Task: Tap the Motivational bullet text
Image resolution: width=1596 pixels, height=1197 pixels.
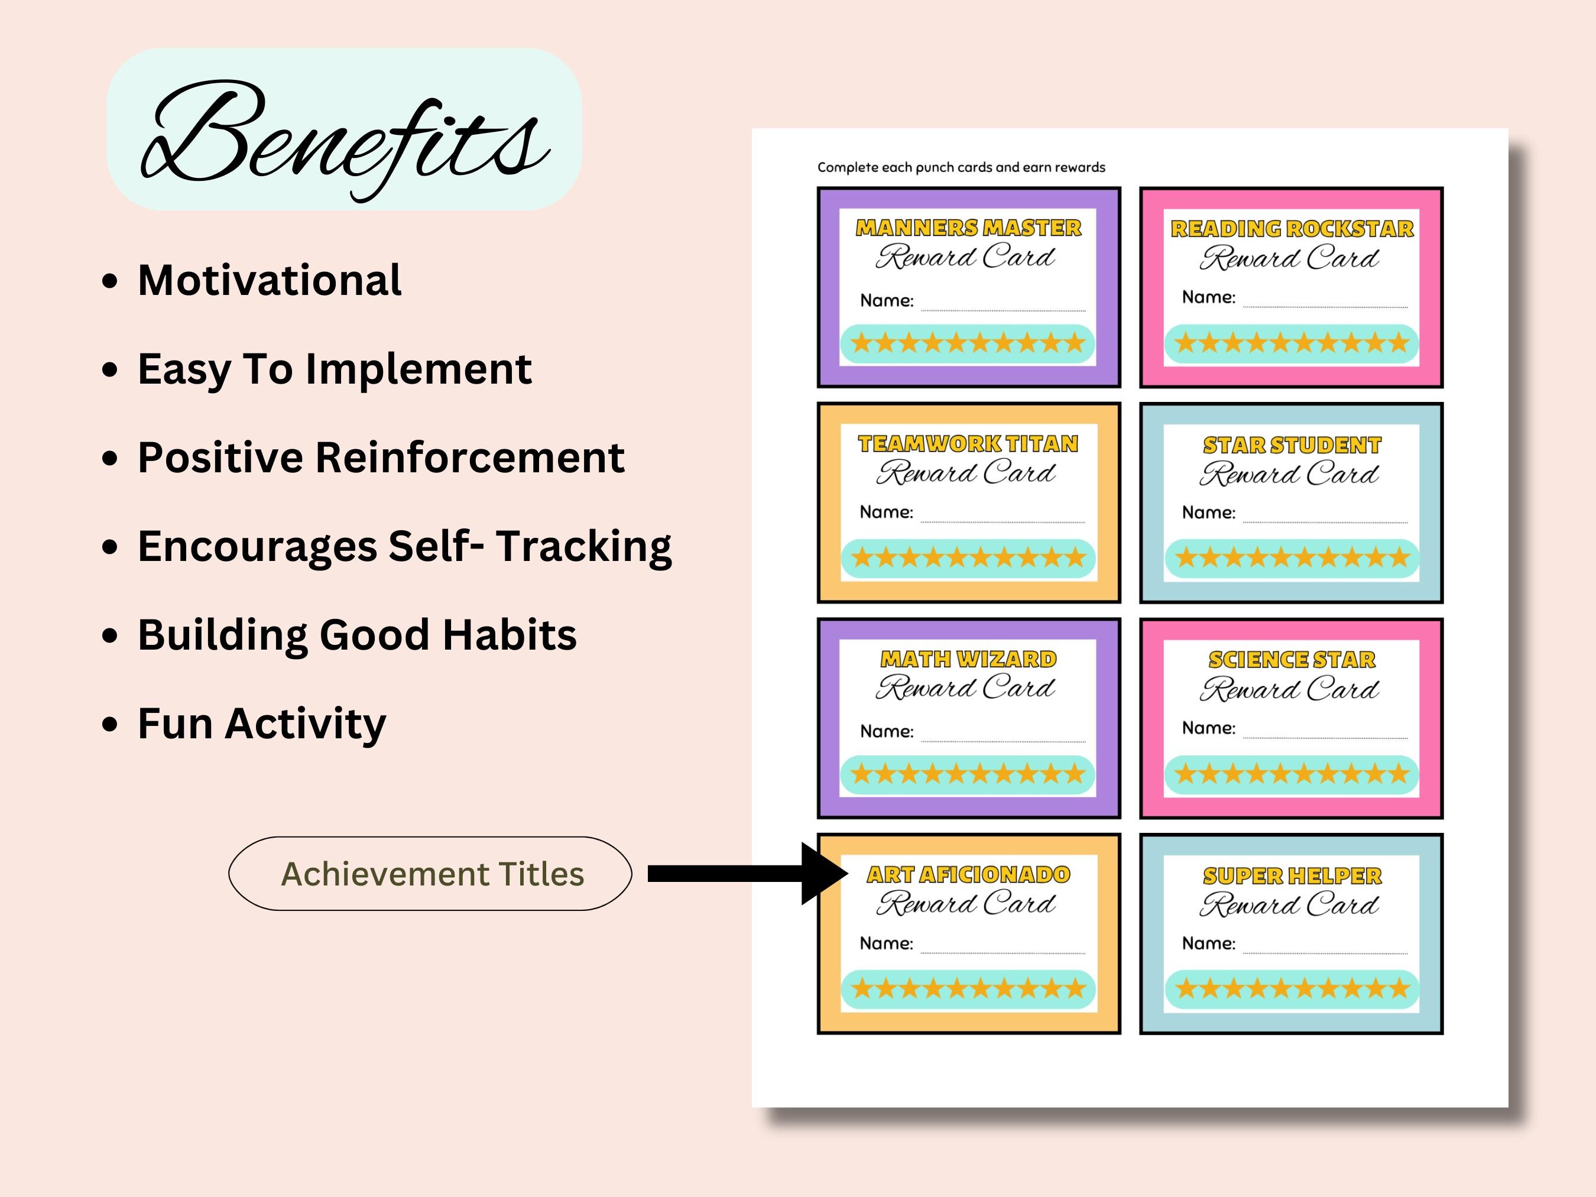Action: tap(269, 280)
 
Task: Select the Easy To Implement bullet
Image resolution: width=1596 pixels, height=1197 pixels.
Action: tap(334, 369)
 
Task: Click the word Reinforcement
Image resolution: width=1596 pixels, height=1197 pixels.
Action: tap(470, 458)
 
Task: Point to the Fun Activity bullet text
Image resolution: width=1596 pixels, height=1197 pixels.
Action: tap(261, 723)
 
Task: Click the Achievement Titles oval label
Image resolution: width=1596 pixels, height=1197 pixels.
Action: tap(431, 874)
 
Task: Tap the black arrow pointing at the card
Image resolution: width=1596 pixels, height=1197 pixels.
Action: tap(747, 874)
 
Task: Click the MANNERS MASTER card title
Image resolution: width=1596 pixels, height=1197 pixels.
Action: tap(968, 228)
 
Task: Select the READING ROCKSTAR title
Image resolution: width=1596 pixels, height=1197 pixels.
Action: tap(1292, 229)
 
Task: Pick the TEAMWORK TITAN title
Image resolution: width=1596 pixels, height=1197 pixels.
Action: tap(968, 444)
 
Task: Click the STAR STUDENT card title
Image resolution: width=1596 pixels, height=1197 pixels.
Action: tap(1292, 445)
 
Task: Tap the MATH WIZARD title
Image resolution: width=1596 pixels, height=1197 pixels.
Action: tap(968, 658)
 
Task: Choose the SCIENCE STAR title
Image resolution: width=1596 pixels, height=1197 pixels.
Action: tap(1292, 660)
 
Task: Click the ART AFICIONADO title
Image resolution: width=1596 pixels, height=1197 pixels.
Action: tap(968, 874)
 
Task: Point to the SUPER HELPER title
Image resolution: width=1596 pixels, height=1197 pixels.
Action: tap(1292, 876)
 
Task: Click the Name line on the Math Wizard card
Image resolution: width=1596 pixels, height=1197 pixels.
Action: tap(1003, 736)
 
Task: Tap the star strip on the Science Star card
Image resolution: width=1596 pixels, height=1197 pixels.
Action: tap(1292, 775)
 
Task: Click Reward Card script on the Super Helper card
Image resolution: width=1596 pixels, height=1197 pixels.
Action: tap(1289, 906)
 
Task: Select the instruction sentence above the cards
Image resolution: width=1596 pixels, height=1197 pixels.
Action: tap(961, 167)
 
